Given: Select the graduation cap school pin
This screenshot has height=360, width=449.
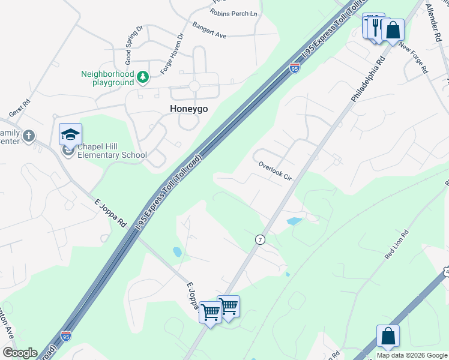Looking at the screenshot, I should [70, 135].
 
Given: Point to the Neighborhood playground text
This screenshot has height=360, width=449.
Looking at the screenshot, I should [107, 78].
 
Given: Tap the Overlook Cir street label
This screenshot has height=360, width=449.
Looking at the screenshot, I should [274, 171].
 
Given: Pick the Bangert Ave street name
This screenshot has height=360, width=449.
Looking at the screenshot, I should [209, 31].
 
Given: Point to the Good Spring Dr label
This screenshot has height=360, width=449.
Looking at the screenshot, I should [133, 46].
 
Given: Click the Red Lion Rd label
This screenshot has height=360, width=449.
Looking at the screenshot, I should [397, 245].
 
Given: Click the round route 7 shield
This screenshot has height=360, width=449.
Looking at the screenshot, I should [260, 239].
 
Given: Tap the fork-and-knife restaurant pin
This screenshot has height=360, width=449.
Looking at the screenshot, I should [375, 26].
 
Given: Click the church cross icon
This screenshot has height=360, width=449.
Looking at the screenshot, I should [28, 136].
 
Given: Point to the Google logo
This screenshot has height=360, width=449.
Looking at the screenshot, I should [20, 353].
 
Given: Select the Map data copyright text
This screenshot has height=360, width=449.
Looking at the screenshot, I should [412, 355].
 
